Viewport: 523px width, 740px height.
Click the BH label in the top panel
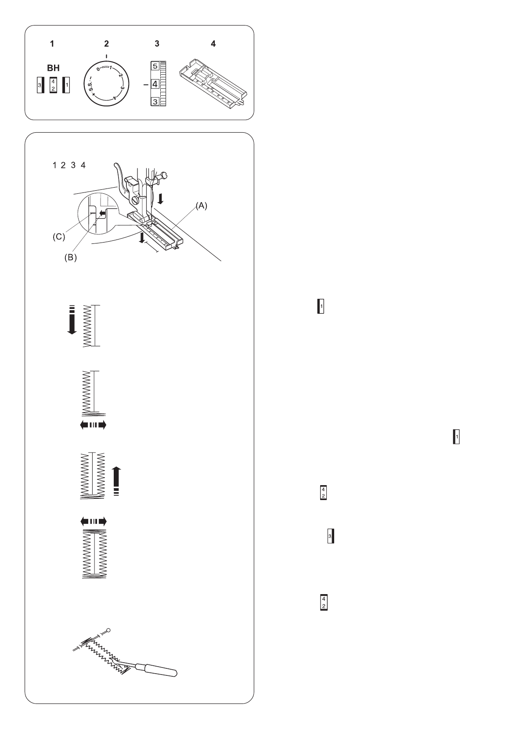(53, 69)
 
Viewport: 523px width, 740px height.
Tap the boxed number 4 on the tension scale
(155, 84)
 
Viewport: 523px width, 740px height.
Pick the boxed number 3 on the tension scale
(155, 102)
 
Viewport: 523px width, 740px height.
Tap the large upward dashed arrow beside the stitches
(115, 481)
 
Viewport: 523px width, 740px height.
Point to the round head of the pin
(108, 631)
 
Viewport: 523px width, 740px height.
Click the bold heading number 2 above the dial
(106, 44)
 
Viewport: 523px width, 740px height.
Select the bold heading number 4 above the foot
(213, 44)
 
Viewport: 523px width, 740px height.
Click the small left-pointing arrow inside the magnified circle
(103, 214)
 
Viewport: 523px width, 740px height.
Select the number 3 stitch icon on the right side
(331, 537)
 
